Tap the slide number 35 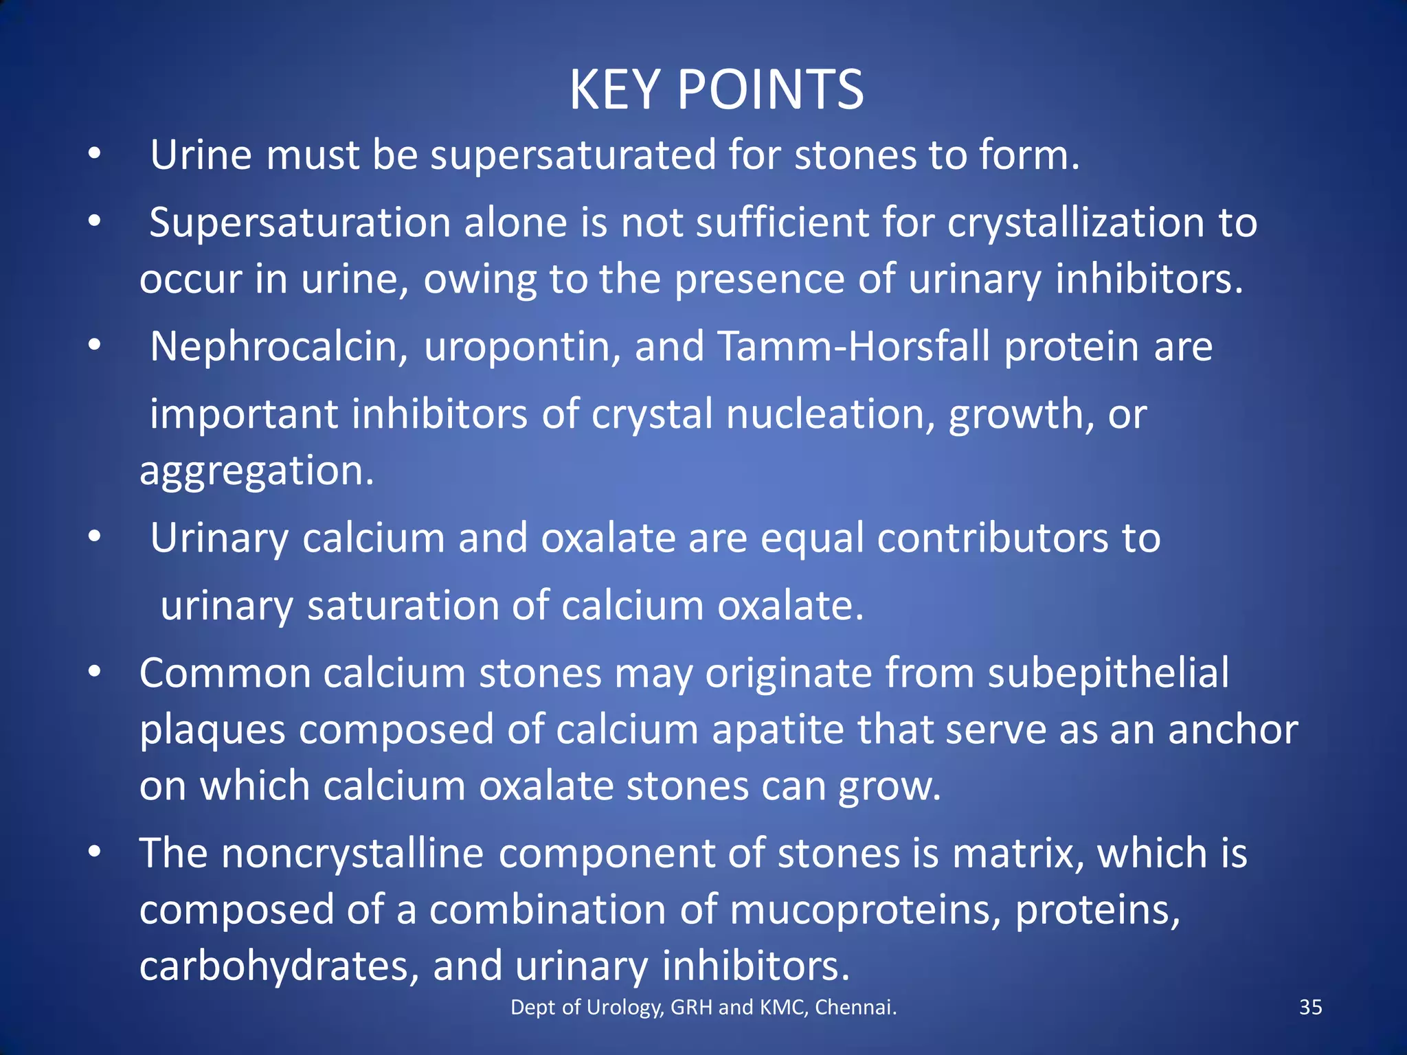click(1310, 1007)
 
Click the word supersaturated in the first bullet click(573, 155)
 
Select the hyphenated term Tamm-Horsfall click(854, 346)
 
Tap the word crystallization click(1076, 224)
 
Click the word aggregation click(257, 471)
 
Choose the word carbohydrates click(279, 966)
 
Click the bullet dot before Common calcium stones click(95, 671)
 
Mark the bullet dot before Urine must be click(95, 154)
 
